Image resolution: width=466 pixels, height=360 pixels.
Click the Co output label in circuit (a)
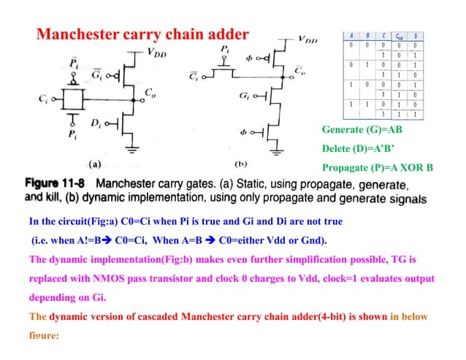click(150, 93)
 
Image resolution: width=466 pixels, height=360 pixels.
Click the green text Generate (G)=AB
click(362, 130)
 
